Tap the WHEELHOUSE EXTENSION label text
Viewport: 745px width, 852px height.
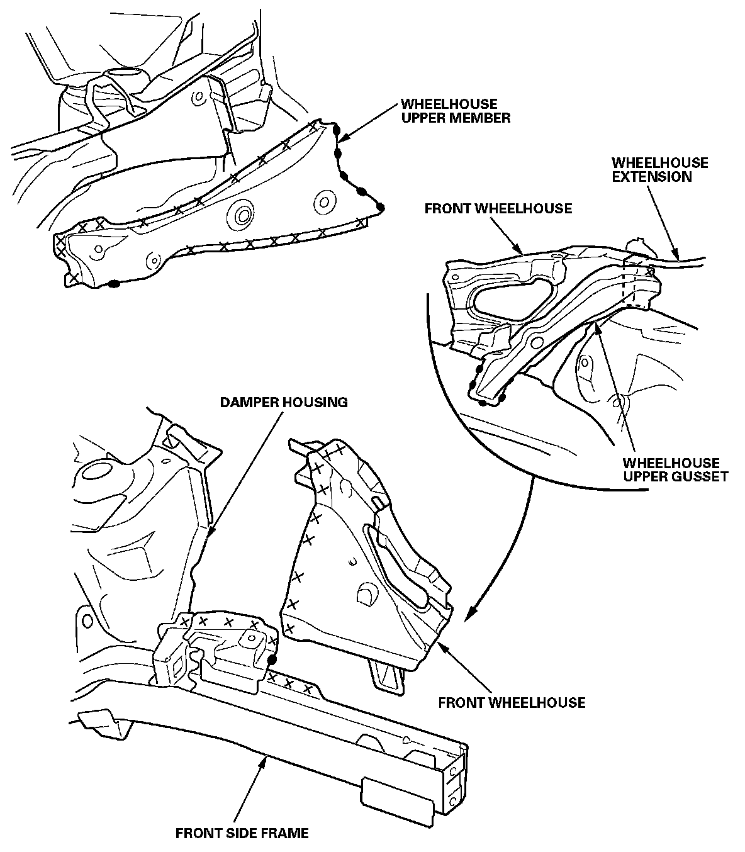[659, 170]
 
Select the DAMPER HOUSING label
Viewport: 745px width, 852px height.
[284, 402]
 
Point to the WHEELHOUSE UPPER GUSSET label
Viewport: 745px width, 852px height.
[675, 469]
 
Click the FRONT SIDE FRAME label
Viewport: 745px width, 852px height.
[242, 834]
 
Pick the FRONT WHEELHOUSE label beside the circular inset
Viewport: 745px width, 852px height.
[498, 208]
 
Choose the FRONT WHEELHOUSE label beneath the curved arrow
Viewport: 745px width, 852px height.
[512, 702]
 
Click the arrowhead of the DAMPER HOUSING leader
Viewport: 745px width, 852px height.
[208, 538]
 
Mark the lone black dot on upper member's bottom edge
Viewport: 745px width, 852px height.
[113, 284]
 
